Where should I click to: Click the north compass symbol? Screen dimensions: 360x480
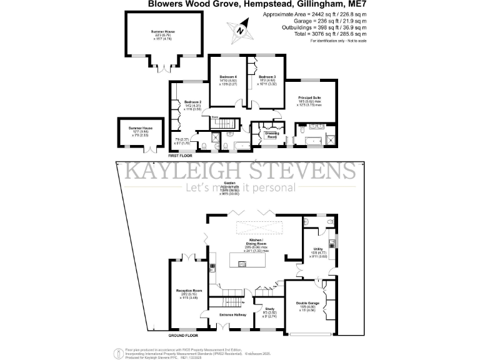(x=240, y=29)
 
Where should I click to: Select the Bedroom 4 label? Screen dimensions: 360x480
(x=227, y=77)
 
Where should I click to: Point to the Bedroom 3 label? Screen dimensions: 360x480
(x=267, y=77)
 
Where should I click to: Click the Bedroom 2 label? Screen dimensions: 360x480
(x=192, y=102)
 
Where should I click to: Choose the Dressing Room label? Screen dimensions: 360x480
(x=272, y=134)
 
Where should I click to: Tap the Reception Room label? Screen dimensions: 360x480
(x=187, y=291)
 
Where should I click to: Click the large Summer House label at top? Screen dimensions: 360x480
(x=161, y=31)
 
